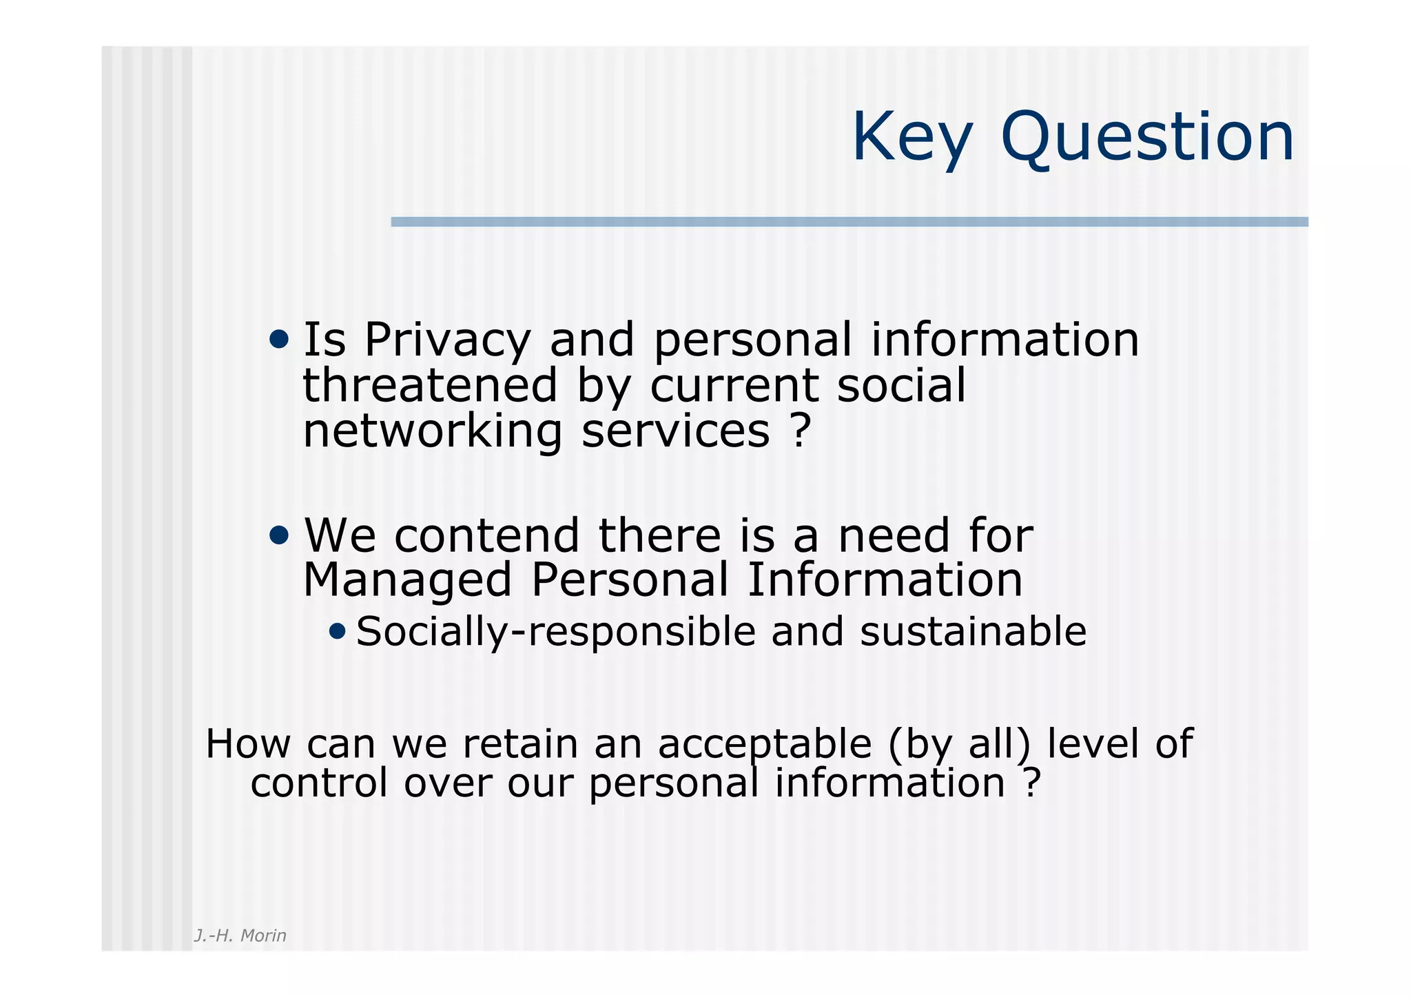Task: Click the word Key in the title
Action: (912, 138)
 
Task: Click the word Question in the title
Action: (1147, 138)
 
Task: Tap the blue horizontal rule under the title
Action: (849, 222)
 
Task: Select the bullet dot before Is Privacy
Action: (279, 339)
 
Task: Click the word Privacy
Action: (447, 340)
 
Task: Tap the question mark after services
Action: (799, 431)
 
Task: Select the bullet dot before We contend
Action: (279, 535)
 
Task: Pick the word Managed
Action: (407, 580)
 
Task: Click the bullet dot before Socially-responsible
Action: (337, 630)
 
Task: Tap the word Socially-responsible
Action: (555, 632)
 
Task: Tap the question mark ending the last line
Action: (1031, 783)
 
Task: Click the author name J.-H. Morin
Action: (240, 935)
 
